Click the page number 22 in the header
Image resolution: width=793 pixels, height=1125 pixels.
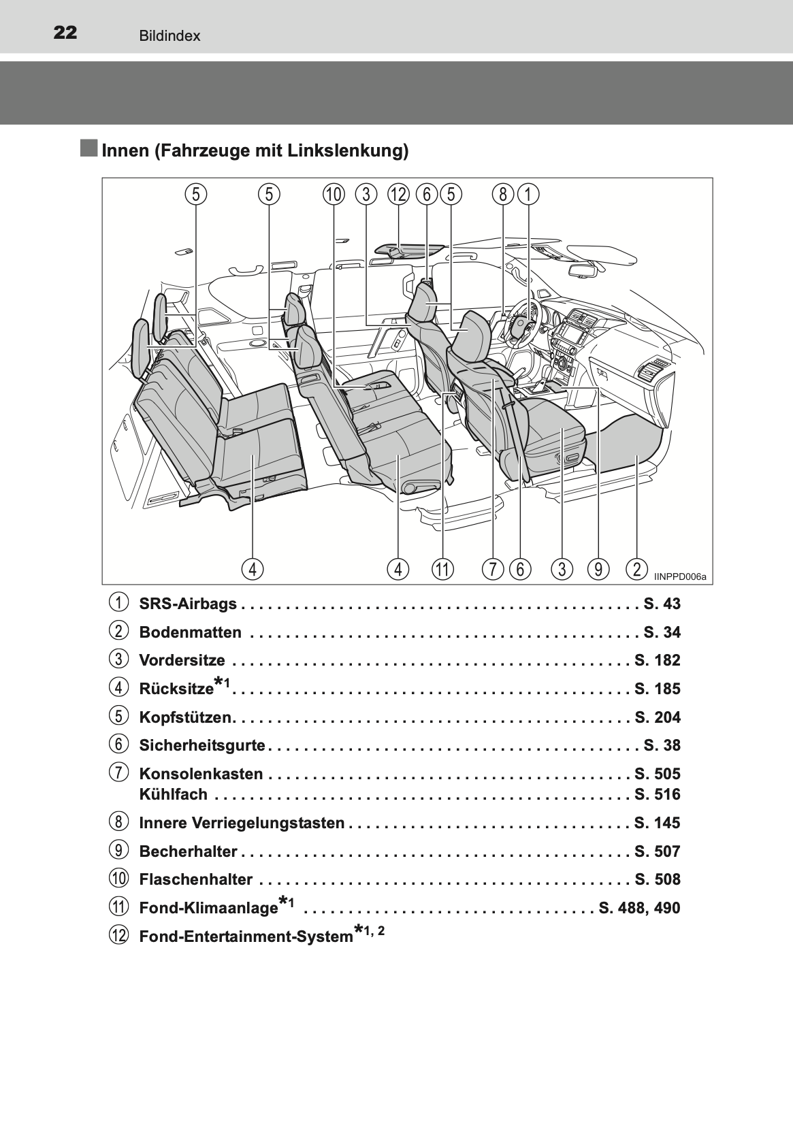coord(65,33)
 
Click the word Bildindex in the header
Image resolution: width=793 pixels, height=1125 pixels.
coord(169,36)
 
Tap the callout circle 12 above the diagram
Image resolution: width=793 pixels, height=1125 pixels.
coord(398,195)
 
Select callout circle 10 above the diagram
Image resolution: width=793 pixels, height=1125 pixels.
coord(334,195)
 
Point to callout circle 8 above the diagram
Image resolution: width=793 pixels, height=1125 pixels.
coord(503,195)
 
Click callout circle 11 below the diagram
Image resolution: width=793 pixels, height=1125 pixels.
coord(442,570)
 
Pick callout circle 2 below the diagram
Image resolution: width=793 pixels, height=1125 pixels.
coord(637,570)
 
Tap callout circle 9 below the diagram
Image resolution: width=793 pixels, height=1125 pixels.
coord(598,570)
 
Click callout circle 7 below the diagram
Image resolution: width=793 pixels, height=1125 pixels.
coord(493,570)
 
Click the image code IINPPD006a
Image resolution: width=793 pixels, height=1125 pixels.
coord(680,576)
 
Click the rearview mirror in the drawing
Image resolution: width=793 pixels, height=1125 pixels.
coord(583,270)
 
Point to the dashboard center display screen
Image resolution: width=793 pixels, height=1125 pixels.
coord(570,332)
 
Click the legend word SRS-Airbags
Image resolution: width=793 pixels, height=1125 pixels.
coord(188,603)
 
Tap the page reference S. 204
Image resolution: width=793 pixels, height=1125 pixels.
coord(658,717)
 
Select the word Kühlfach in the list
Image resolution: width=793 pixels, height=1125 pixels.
coord(174,794)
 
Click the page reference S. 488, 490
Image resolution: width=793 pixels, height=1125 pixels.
coord(639,908)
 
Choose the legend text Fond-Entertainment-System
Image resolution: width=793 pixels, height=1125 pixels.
coord(246,936)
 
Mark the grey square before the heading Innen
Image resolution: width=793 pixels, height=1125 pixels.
coord(89,148)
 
